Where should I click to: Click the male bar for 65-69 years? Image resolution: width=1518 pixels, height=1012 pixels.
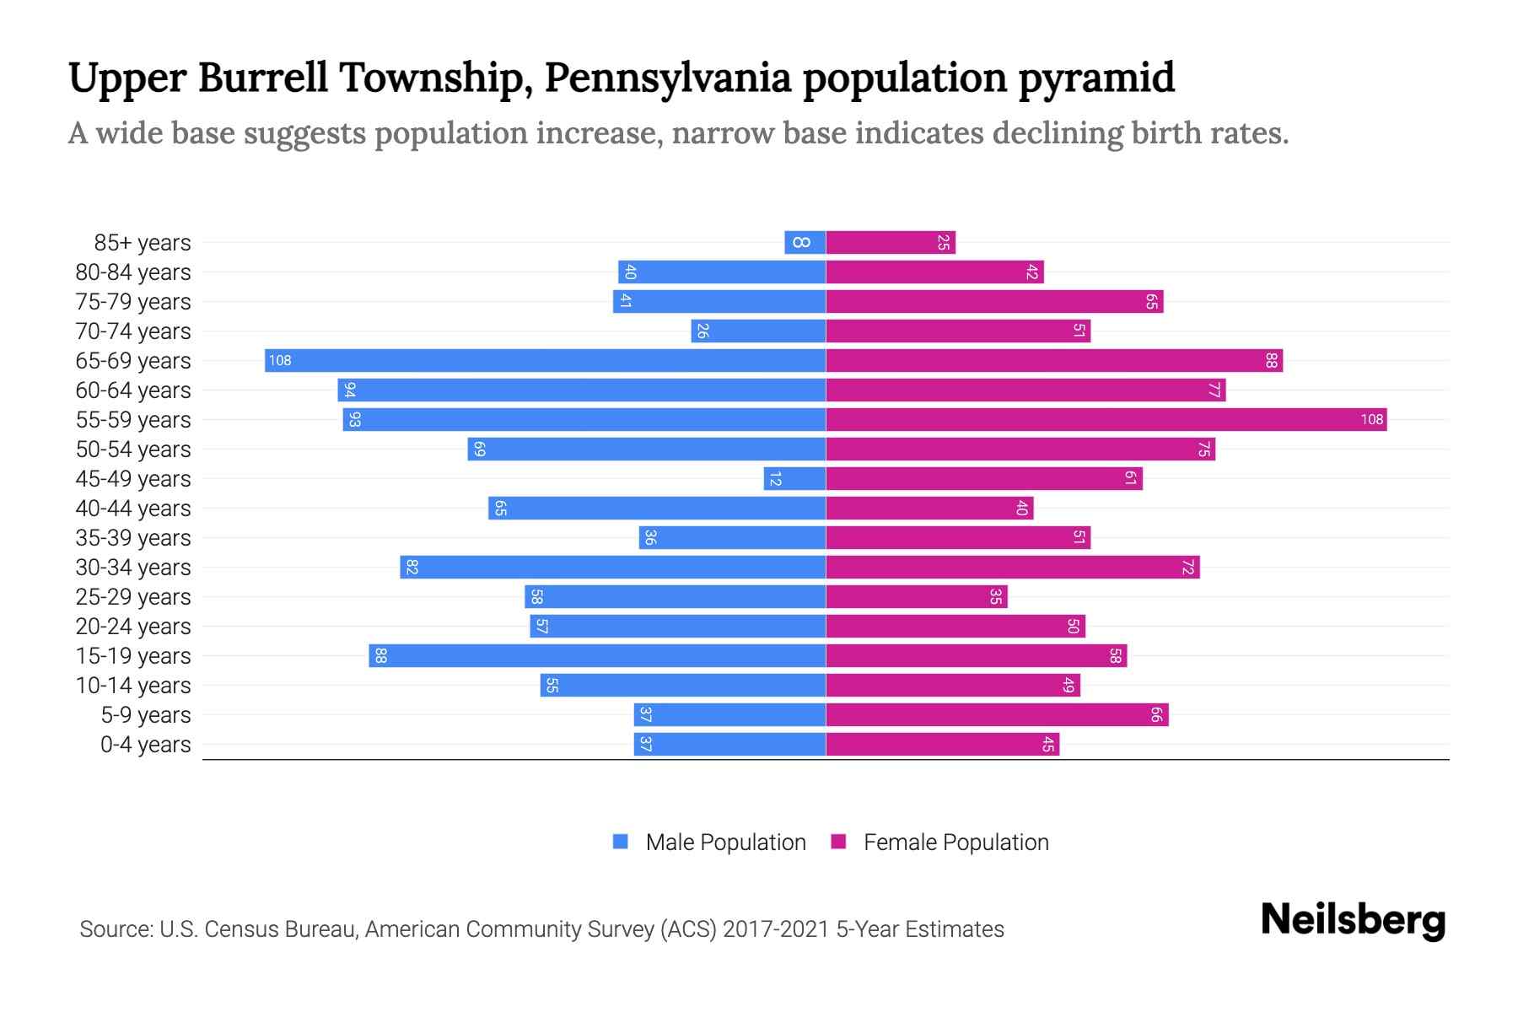pos(545,361)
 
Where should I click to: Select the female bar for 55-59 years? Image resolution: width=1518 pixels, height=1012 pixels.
pos(1106,420)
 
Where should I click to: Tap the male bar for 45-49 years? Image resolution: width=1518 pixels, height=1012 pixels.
pos(794,479)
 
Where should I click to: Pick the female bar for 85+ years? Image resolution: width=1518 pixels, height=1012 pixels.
pos(891,243)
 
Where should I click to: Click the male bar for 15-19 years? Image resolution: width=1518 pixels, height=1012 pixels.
pos(597,656)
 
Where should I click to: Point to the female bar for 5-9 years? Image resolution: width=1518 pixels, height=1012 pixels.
pos(997,715)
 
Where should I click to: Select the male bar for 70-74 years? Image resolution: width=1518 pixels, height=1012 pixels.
pos(758,331)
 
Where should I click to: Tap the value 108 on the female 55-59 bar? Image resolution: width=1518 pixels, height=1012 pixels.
pos(1371,420)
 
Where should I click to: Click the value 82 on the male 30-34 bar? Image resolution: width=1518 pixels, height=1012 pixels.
pos(412,568)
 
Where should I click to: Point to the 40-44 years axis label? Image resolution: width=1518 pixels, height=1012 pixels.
pos(133,509)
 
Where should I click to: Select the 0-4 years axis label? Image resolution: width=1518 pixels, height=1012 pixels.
pos(145,745)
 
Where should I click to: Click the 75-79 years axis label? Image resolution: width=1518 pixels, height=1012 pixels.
pos(133,302)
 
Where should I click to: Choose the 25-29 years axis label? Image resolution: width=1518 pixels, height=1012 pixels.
pos(133,597)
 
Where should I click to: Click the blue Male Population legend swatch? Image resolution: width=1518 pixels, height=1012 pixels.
pos(621,842)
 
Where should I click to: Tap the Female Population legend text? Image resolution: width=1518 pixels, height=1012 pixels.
pos(955,842)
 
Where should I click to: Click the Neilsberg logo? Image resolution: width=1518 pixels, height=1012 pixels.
pos(1353,921)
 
